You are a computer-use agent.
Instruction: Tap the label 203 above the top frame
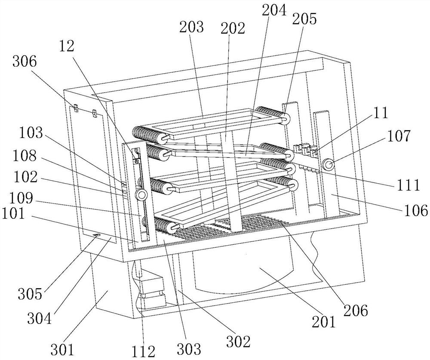coord(192,27)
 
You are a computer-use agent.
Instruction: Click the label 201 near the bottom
coord(322,320)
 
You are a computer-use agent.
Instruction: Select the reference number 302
coord(239,342)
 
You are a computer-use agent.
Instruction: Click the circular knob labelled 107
coord(330,164)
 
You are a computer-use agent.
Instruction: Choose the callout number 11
coord(381,114)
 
